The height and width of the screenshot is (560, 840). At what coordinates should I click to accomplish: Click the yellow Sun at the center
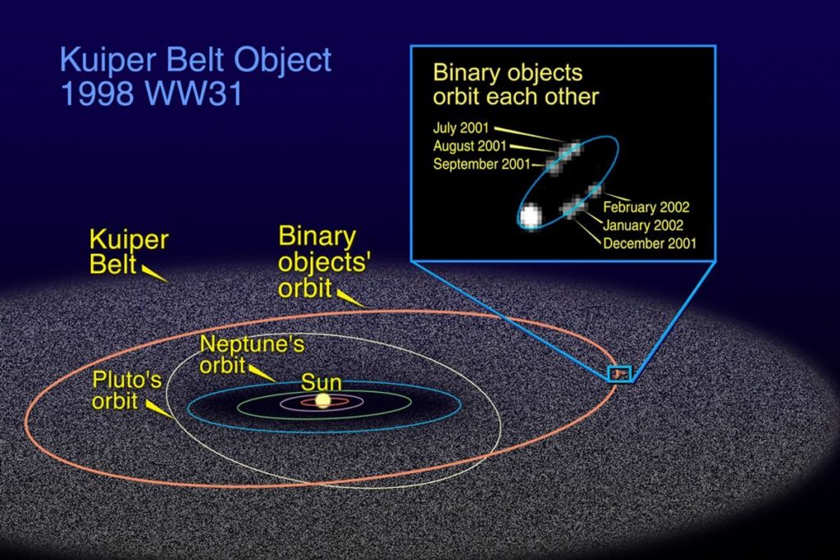click(322, 400)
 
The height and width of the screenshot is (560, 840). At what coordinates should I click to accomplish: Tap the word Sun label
click(321, 382)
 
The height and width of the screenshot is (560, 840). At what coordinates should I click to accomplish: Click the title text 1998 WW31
click(152, 93)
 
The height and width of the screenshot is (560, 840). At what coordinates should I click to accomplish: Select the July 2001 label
click(461, 128)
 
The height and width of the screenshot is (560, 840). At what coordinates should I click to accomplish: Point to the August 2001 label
click(469, 146)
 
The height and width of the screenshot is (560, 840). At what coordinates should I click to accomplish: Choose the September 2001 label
click(481, 164)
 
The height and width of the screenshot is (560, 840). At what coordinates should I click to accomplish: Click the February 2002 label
click(646, 207)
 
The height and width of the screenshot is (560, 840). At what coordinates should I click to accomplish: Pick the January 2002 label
click(643, 225)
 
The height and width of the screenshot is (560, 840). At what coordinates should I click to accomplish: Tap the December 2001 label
click(650, 244)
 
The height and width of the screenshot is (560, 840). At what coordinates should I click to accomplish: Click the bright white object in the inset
click(530, 216)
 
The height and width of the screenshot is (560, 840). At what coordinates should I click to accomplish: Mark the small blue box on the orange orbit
click(620, 373)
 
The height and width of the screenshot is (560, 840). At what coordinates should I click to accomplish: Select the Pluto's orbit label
click(126, 389)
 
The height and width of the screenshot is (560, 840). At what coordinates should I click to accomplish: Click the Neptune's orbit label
click(252, 354)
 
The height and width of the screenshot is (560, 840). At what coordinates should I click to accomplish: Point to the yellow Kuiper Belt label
click(129, 252)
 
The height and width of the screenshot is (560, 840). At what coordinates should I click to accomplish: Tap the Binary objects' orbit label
click(324, 262)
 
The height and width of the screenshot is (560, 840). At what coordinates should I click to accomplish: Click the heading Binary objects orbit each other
click(515, 84)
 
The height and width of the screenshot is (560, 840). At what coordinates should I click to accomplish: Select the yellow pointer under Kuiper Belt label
click(154, 273)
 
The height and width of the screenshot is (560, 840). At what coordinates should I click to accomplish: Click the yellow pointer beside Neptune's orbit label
click(262, 372)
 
